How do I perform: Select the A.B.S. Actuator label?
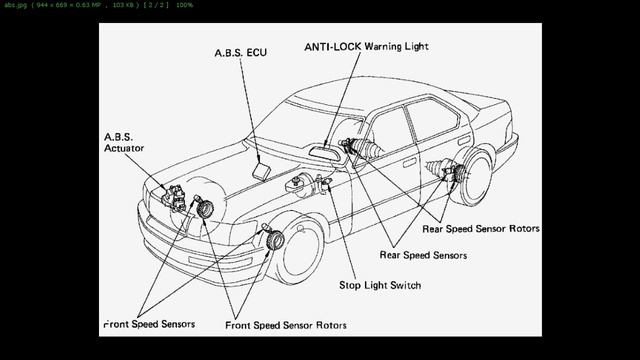click(124, 142)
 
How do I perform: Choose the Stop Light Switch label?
click(380, 286)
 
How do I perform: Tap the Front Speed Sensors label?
click(150, 324)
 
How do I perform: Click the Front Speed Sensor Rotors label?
click(286, 325)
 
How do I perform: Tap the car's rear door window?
click(440, 125)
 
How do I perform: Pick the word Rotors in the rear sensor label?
click(521, 229)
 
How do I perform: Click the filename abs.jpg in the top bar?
click(15, 5)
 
